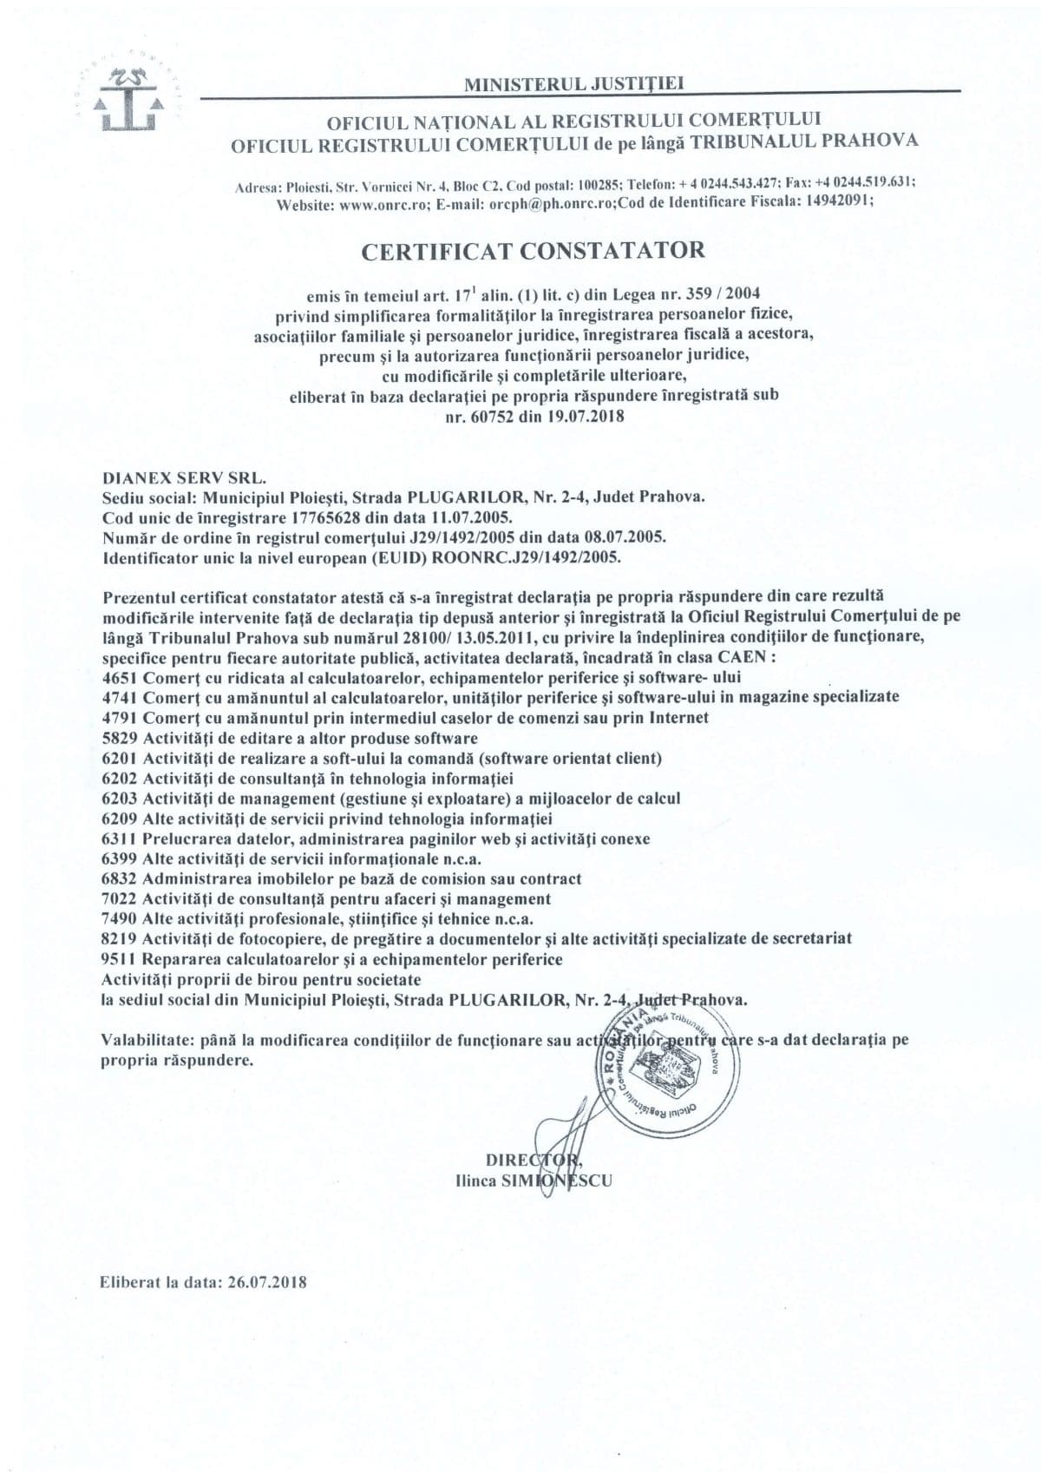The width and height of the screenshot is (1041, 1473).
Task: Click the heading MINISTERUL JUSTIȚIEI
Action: (x=575, y=83)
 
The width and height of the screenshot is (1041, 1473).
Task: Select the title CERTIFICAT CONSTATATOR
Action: (x=533, y=251)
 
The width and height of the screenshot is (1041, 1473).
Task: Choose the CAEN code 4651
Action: (x=119, y=676)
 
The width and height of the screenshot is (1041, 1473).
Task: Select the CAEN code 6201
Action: (x=119, y=758)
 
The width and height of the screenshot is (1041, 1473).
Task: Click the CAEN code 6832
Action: (x=119, y=878)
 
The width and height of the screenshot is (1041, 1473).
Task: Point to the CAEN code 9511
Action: (x=119, y=959)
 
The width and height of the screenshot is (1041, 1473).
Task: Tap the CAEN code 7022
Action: (x=119, y=898)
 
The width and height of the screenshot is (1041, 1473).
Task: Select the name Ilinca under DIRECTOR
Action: (x=475, y=1181)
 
